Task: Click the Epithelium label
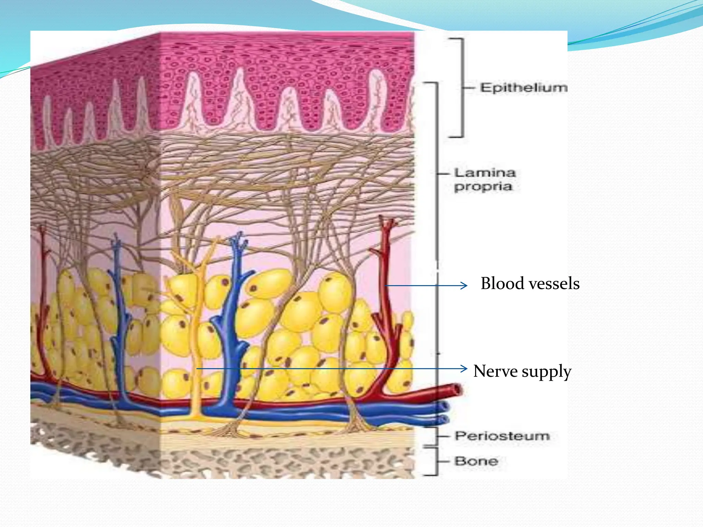click(x=523, y=88)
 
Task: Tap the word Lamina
click(x=485, y=173)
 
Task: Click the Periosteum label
click(x=502, y=436)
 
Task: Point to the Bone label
click(x=476, y=461)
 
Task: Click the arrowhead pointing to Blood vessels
click(x=464, y=285)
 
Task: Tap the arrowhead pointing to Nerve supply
click(x=464, y=369)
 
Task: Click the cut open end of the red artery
click(x=458, y=390)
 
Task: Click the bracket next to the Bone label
click(x=436, y=461)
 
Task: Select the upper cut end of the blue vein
click(x=445, y=407)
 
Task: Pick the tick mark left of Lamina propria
click(x=443, y=174)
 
